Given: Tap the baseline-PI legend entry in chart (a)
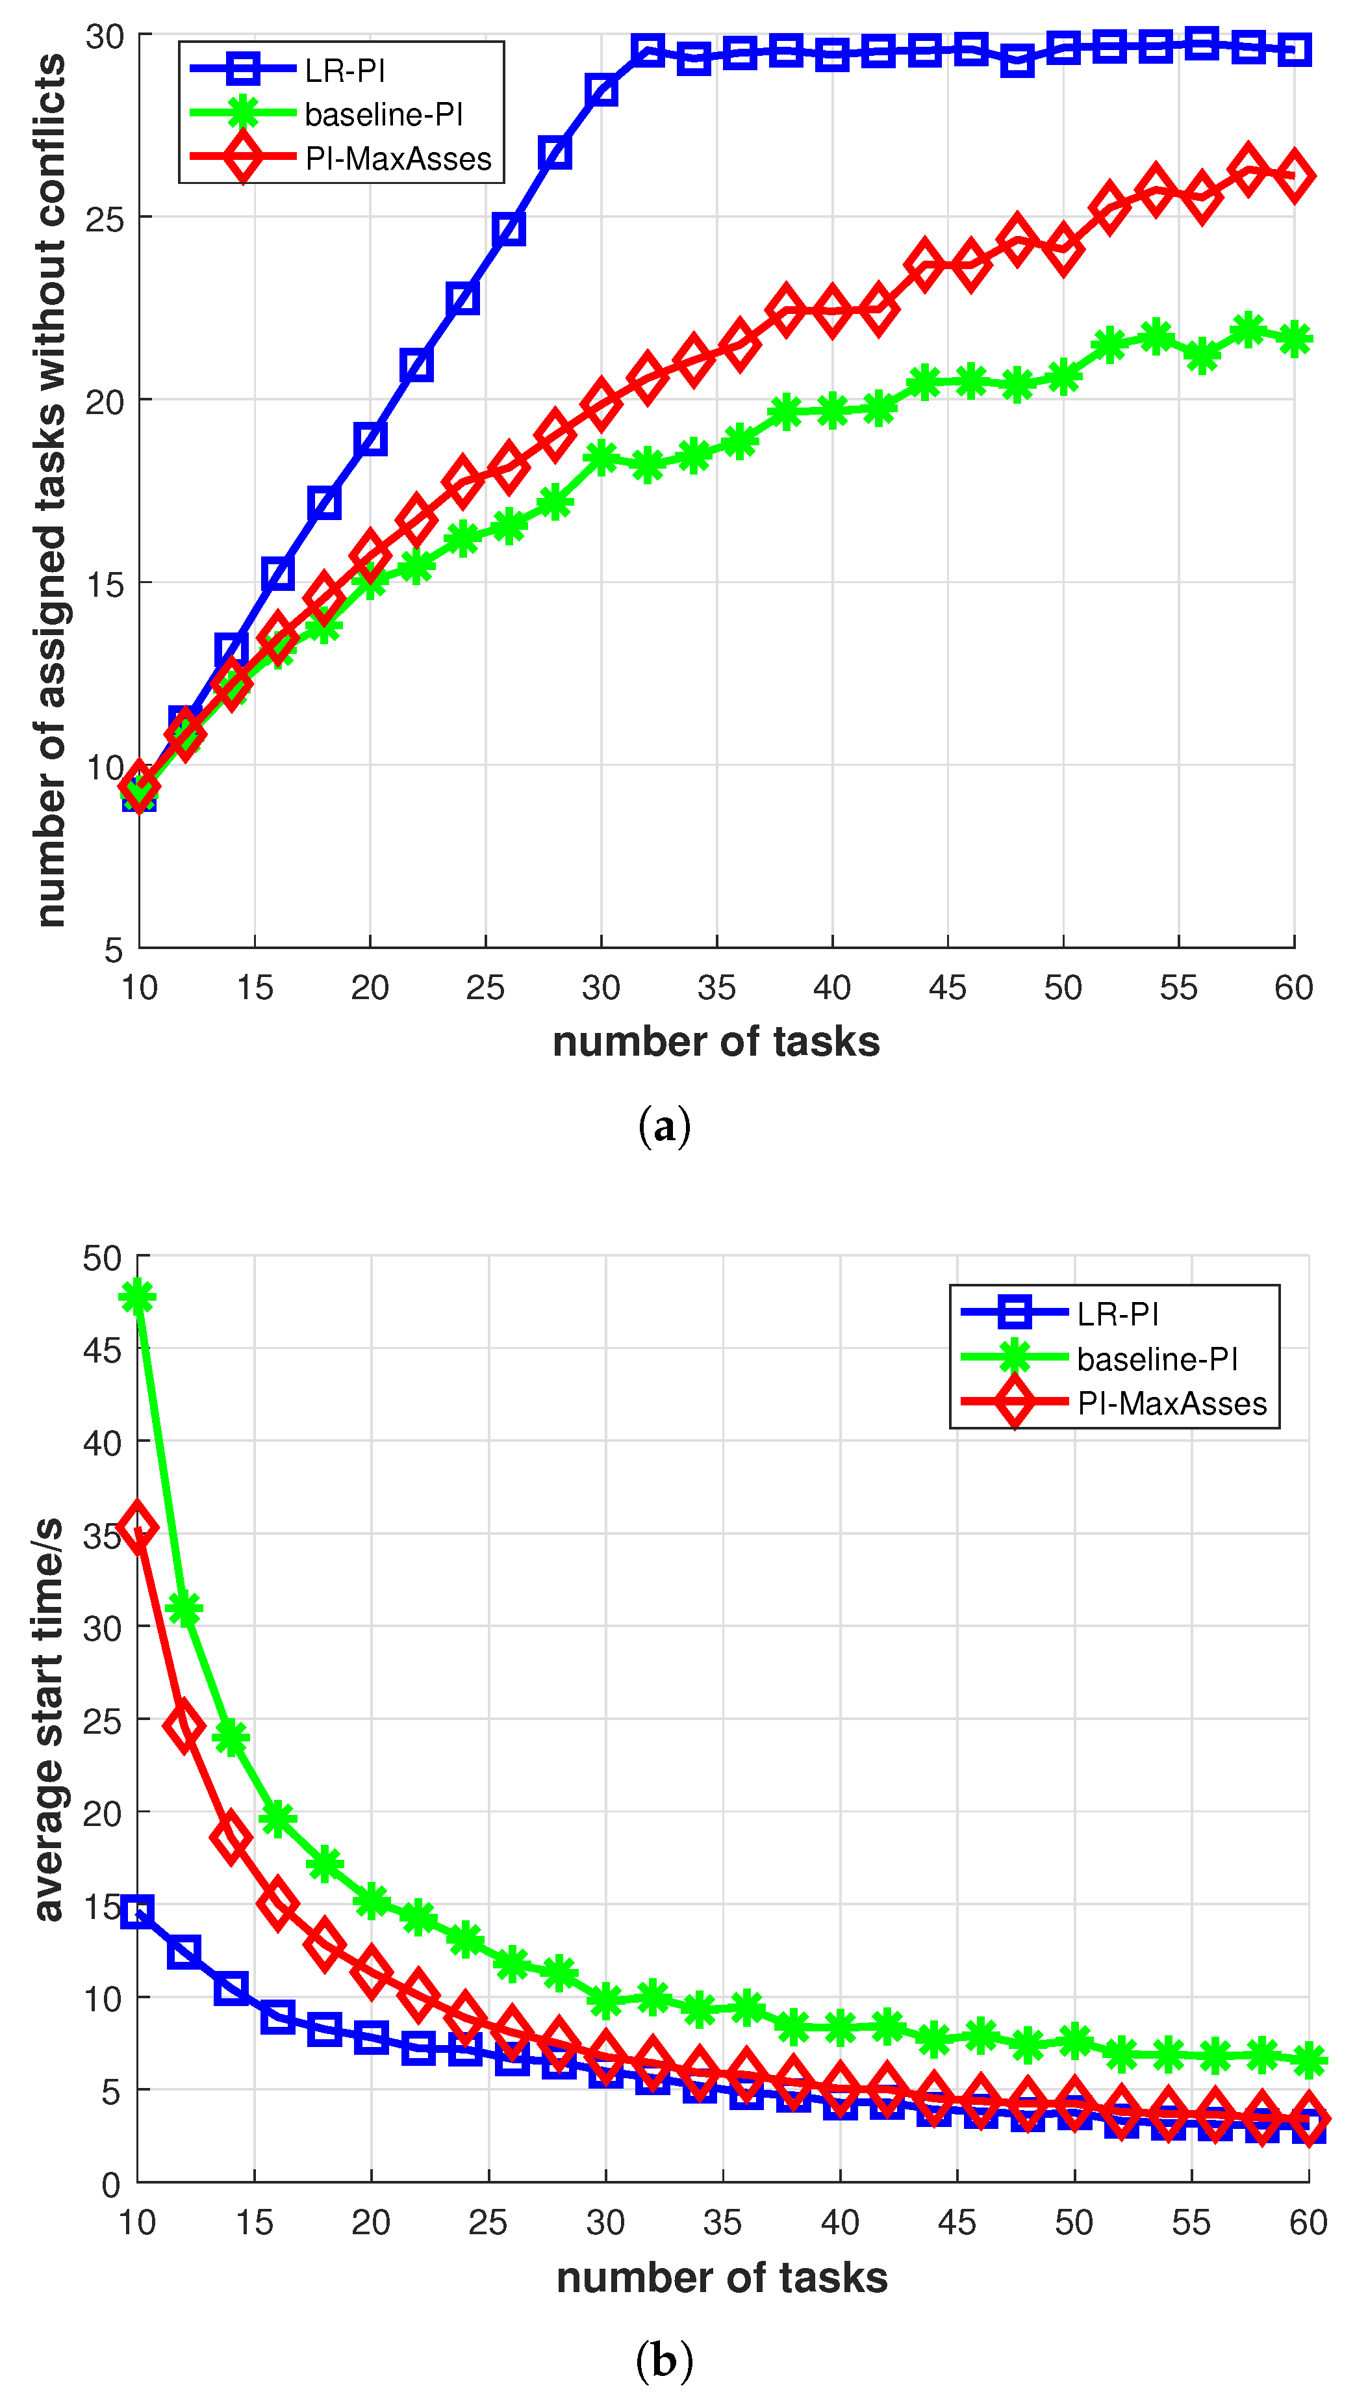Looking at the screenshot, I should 383,114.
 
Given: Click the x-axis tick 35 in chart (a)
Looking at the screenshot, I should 716,987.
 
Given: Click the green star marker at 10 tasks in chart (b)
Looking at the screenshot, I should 138,1297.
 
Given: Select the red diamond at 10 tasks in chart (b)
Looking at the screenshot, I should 138,1526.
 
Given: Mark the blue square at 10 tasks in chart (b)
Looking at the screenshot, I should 138,1912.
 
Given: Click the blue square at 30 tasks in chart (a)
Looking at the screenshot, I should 601,90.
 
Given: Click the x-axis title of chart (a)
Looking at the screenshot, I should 715,1041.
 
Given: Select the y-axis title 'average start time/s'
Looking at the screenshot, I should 49,1719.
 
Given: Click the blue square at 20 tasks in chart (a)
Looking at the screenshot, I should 370,439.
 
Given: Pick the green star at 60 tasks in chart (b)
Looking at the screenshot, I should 1308,2061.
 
